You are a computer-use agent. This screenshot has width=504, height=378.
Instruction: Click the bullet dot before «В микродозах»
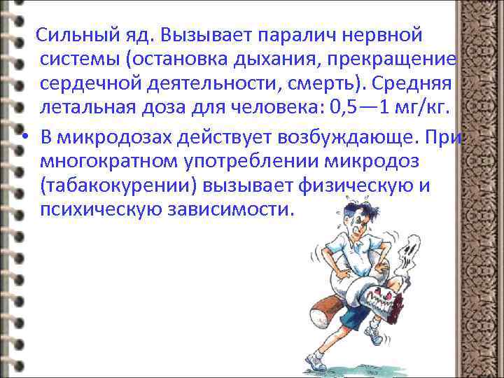(x=24, y=135)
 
